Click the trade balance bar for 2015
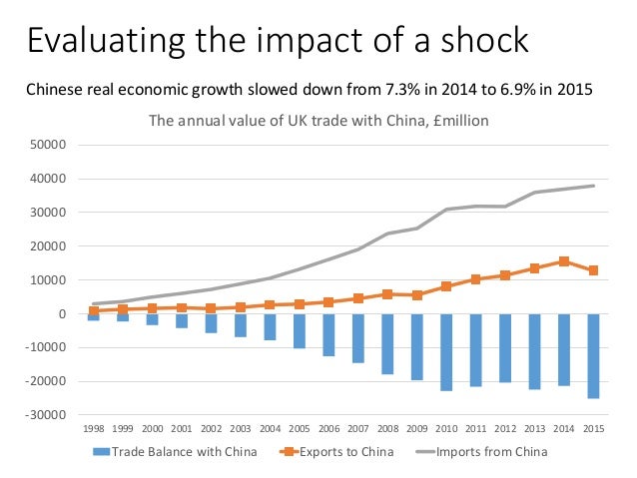coord(593,356)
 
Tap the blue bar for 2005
coord(300,331)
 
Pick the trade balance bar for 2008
coord(387,344)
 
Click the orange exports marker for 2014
coord(564,261)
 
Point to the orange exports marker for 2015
coord(593,270)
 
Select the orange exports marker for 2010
coord(446,286)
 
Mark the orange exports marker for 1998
coord(94,311)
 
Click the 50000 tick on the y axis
coord(48,145)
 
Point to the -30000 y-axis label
coord(46,415)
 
